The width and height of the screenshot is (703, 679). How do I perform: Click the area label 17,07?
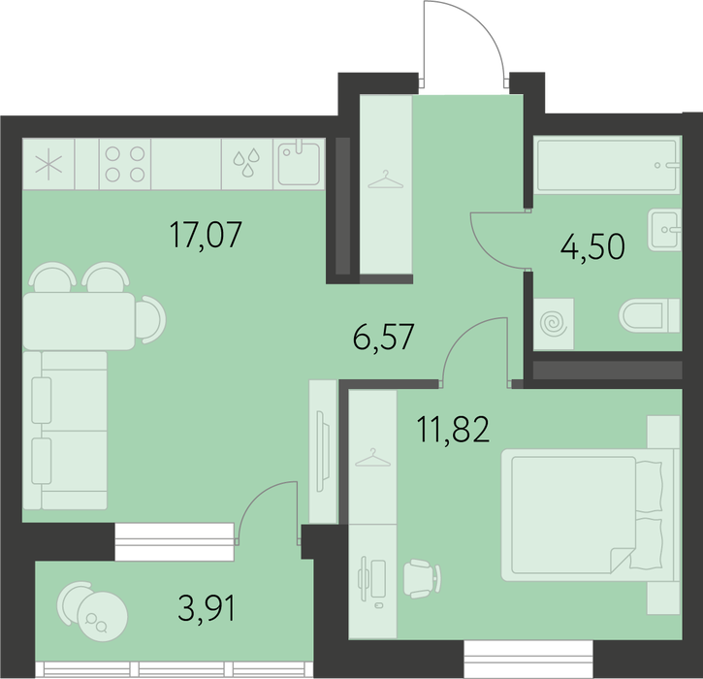(206, 234)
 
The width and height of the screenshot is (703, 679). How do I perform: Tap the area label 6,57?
(383, 337)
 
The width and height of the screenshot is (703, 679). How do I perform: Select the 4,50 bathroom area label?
(592, 246)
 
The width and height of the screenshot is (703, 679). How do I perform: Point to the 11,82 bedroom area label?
(453, 429)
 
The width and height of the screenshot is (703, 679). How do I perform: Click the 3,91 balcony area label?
(207, 607)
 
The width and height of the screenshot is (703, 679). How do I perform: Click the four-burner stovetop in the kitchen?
(125, 164)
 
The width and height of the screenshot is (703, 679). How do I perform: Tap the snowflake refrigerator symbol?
(48, 164)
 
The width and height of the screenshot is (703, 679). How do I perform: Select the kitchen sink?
(299, 164)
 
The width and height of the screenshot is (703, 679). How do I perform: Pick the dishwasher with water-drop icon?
(247, 164)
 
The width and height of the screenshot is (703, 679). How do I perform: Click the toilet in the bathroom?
(650, 315)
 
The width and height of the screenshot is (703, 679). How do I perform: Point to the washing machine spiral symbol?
(554, 323)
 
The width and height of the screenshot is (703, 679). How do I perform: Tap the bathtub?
(608, 165)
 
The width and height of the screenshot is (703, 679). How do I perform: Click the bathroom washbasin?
(664, 230)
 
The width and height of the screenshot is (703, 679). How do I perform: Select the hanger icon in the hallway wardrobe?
(385, 179)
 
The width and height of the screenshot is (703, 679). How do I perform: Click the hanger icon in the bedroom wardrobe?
(372, 458)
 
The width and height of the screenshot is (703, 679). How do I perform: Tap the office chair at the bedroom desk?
(422, 578)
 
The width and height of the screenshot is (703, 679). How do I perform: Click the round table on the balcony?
(102, 616)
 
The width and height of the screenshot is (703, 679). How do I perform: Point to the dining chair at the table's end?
(150, 320)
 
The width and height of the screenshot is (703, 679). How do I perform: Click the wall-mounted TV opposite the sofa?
(321, 451)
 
